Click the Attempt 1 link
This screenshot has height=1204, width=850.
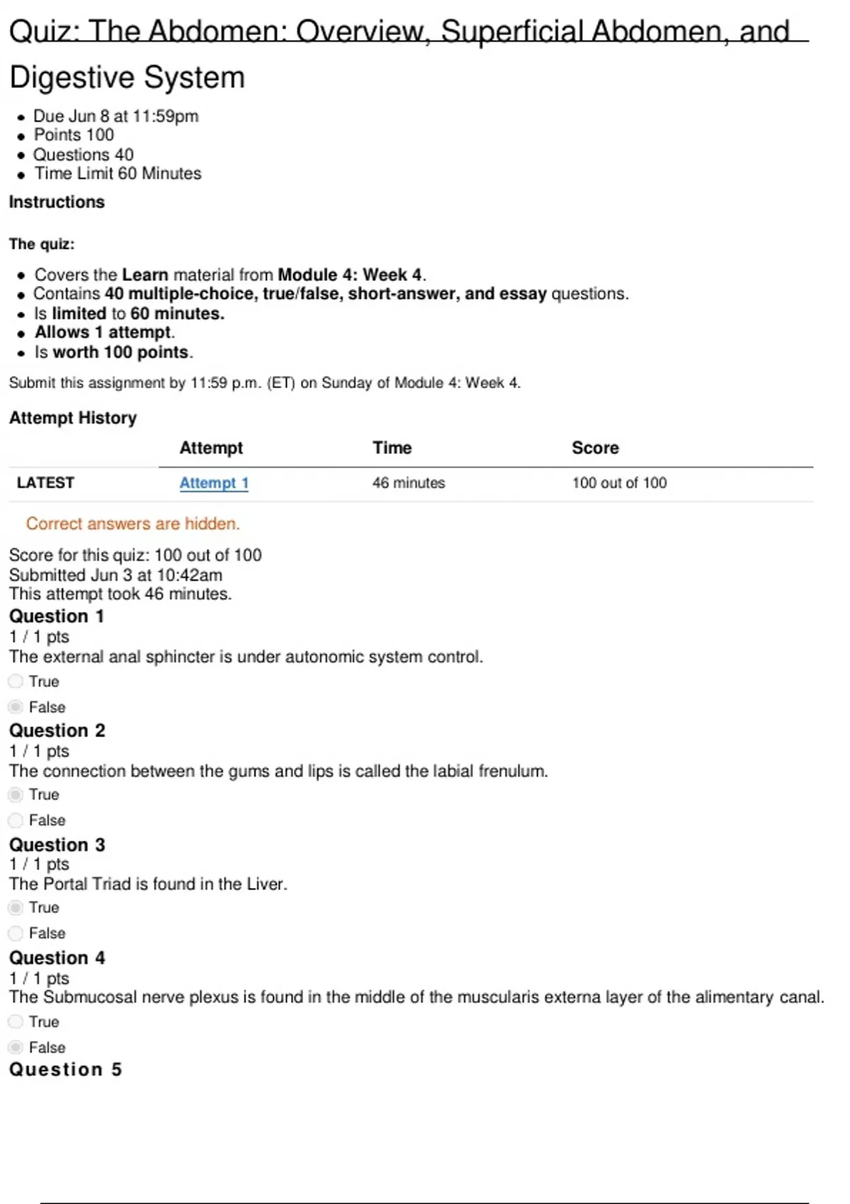213,483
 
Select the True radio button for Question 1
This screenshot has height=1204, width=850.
16,681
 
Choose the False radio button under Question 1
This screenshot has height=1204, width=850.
16,707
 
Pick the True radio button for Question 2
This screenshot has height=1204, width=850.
16,795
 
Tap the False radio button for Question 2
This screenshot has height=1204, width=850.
16,820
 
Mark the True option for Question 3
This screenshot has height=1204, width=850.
16,907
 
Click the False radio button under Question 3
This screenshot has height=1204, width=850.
16,933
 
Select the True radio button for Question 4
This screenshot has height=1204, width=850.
16,1021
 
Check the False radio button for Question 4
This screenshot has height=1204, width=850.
16,1047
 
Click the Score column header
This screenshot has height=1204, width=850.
595,448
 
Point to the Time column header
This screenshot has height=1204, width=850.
392,448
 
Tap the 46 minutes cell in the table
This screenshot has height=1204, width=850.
409,483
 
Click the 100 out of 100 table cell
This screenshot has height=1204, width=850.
619,483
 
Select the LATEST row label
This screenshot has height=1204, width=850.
45,483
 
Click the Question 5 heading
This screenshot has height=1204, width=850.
65,1069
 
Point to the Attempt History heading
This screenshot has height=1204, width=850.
72,418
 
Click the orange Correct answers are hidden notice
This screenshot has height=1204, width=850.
133,523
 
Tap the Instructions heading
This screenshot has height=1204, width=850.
57,202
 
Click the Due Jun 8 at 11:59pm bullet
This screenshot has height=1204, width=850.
116,116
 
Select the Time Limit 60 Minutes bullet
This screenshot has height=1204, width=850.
118,174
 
